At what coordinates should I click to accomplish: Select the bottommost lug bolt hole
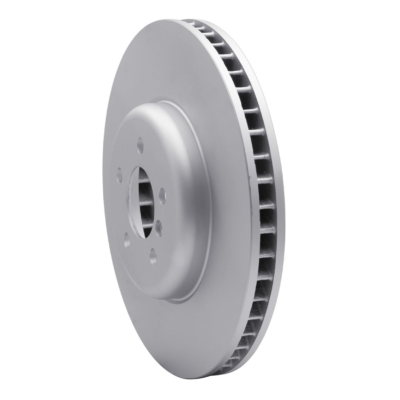coord(153,253)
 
